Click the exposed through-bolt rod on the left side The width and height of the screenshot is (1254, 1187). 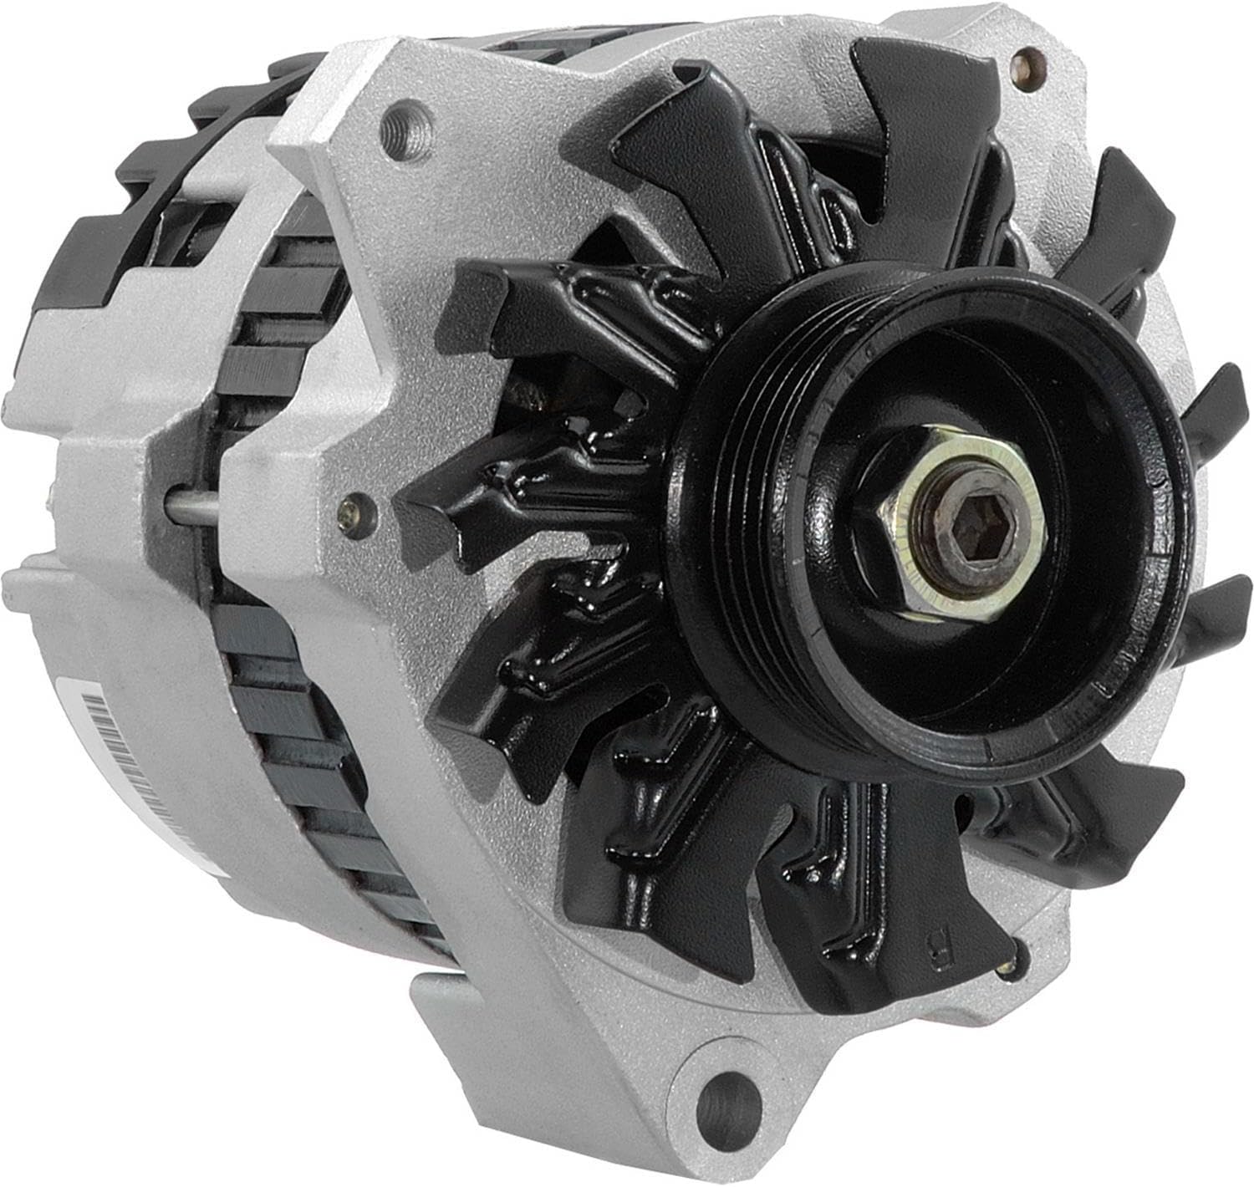click(x=192, y=506)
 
